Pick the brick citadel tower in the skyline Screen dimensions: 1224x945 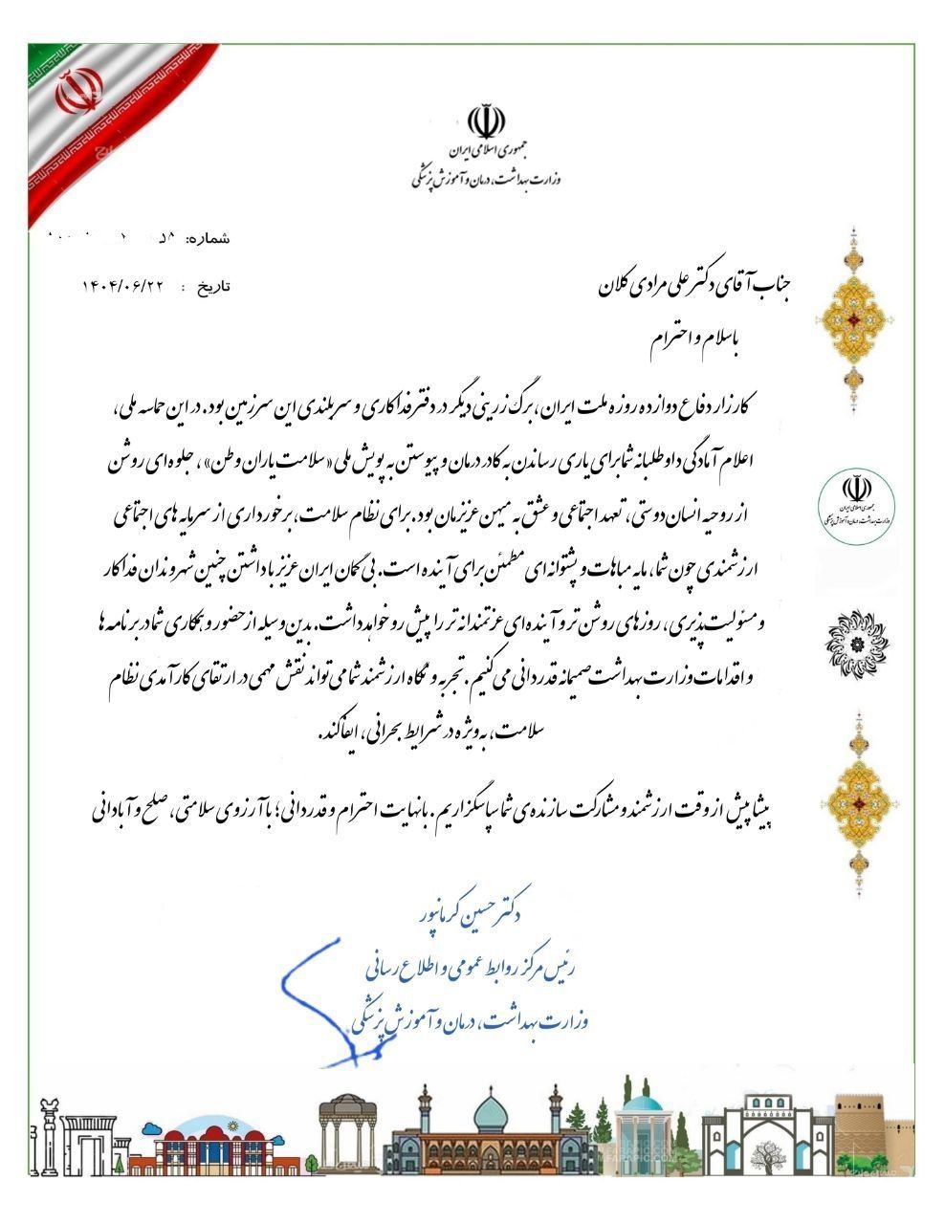coord(875,1128)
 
